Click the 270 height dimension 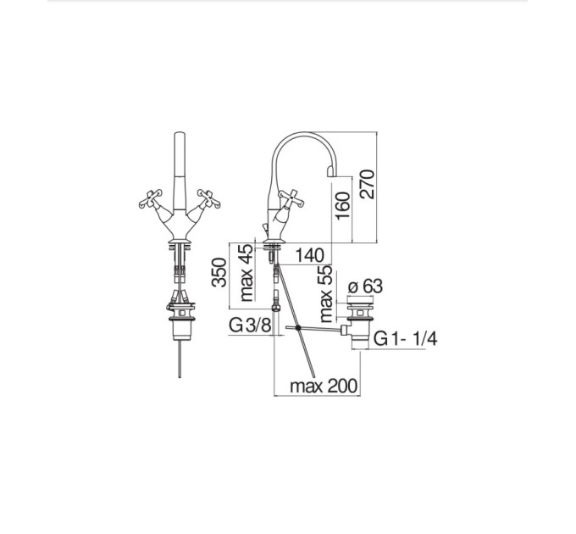pos(367,184)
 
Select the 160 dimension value pos(343,205)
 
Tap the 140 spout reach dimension pos(309,255)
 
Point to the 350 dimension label pos(219,272)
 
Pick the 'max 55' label pos(325,293)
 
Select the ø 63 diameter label pos(365,286)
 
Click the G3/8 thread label pos(250,325)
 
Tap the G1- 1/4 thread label pos(405,338)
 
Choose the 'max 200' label pos(324,386)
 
